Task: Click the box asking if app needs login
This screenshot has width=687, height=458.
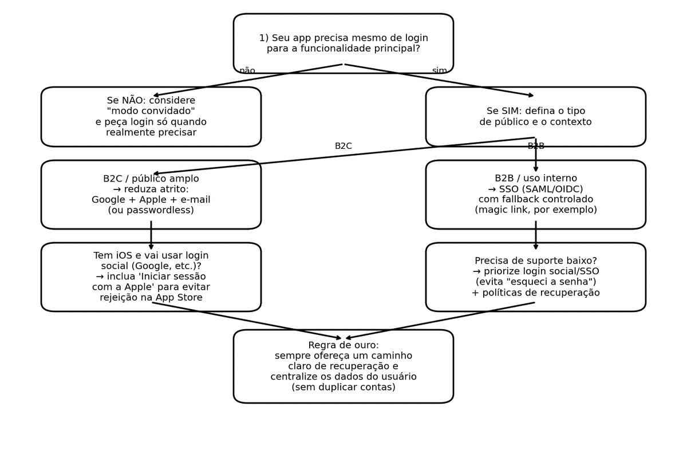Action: tap(343, 44)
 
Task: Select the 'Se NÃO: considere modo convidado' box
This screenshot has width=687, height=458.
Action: tap(151, 117)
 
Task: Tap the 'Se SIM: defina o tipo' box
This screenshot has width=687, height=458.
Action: tap(536, 117)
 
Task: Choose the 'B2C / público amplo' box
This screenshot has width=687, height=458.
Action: tap(151, 195)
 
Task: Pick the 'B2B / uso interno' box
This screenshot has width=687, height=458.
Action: tap(536, 195)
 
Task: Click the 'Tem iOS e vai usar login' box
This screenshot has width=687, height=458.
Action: tap(151, 277)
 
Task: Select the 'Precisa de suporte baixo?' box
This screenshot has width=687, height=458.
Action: tap(536, 277)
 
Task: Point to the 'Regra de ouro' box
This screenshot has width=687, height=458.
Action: tap(343, 366)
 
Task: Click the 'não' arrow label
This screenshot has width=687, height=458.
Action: tap(247, 71)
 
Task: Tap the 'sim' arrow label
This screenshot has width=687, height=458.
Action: tap(440, 71)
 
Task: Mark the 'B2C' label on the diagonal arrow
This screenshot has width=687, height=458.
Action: tap(343, 147)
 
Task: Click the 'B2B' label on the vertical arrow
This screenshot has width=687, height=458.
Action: tap(536, 147)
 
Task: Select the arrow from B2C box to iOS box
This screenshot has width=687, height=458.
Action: tap(151, 235)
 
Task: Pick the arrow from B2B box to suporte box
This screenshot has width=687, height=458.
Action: tap(536, 235)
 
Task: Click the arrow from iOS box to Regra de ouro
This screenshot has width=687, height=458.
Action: tap(246, 321)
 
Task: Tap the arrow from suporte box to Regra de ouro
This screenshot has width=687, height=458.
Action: tap(441, 321)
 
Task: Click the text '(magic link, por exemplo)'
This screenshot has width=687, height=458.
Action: tap(536, 210)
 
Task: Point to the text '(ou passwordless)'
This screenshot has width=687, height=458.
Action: tap(151, 210)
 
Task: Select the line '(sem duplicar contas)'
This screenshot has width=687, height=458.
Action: tap(343, 388)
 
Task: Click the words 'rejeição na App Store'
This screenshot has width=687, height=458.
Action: tap(151, 298)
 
